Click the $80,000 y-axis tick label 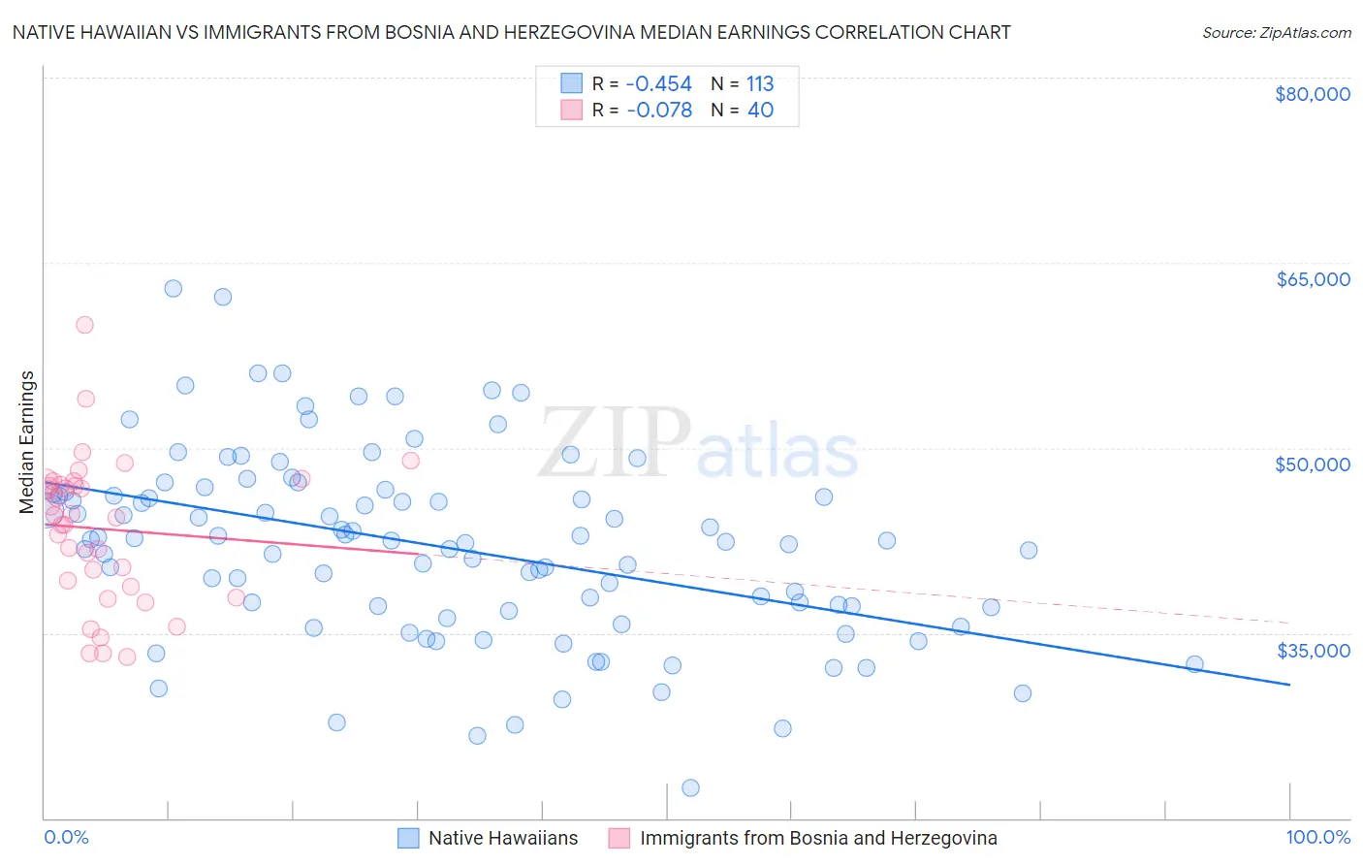[1312, 94]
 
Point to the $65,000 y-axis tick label [1312, 279]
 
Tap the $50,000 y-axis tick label [1312, 465]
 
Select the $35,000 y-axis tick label [1312, 650]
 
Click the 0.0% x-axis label [66, 837]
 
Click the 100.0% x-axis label [1317, 837]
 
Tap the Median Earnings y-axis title [27, 442]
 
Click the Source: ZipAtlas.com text [1276, 33]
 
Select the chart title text [511, 33]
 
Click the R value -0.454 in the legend [659, 84]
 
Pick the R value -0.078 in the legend [659, 111]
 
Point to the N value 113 [760, 84]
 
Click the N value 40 [760, 111]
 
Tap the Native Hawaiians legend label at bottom [503, 838]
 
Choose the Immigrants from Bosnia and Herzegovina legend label [818, 838]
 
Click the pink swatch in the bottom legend [619, 838]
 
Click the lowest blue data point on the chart [690, 787]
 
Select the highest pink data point [84, 325]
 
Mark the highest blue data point [174, 288]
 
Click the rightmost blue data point [1194, 664]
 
